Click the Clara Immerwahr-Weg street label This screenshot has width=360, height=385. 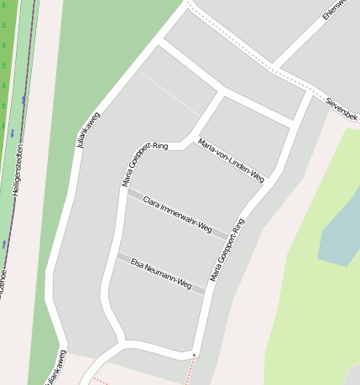177,214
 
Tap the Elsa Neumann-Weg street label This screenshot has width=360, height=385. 161,273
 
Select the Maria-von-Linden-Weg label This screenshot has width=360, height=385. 231,159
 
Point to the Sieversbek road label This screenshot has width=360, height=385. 342,108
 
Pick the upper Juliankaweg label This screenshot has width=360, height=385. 87,130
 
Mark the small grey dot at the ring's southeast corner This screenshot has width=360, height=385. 195,355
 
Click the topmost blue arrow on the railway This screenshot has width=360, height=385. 24,99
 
